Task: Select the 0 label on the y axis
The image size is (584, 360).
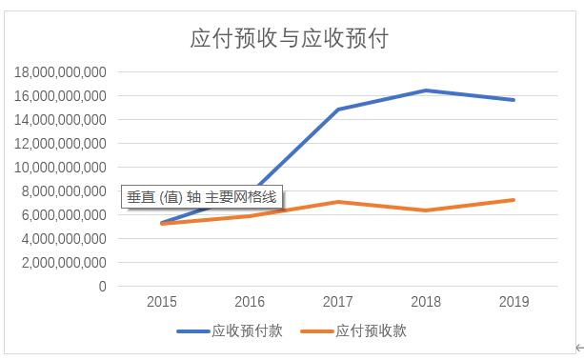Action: pyautogui.click(x=102, y=287)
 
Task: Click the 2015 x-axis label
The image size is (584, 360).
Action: pyautogui.click(x=162, y=303)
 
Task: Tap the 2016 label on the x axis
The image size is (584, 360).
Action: pyautogui.click(x=250, y=303)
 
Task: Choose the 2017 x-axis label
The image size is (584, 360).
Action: pyautogui.click(x=338, y=303)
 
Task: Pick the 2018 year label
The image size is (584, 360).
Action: pyautogui.click(x=426, y=303)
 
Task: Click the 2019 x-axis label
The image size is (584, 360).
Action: pyautogui.click(x=514, y=303)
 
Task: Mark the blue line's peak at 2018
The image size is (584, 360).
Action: pyautogui.click(x=426, y=90)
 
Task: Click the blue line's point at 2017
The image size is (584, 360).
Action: pyautogui.click(x=338, y=110)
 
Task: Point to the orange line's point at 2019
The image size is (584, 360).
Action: pyautogui.click(x=514, y=200)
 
